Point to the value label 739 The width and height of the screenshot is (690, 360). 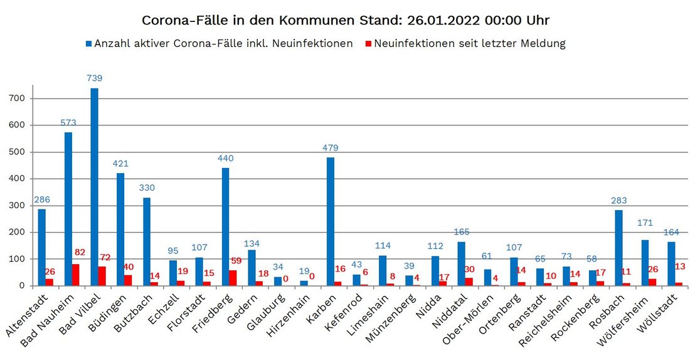[95, 78]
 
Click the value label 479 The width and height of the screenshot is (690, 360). [331, 148]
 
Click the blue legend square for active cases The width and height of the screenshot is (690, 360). [89, 44]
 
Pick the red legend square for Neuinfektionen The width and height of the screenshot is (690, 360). [369, 44]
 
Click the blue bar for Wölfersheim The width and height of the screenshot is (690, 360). [645, 263]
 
